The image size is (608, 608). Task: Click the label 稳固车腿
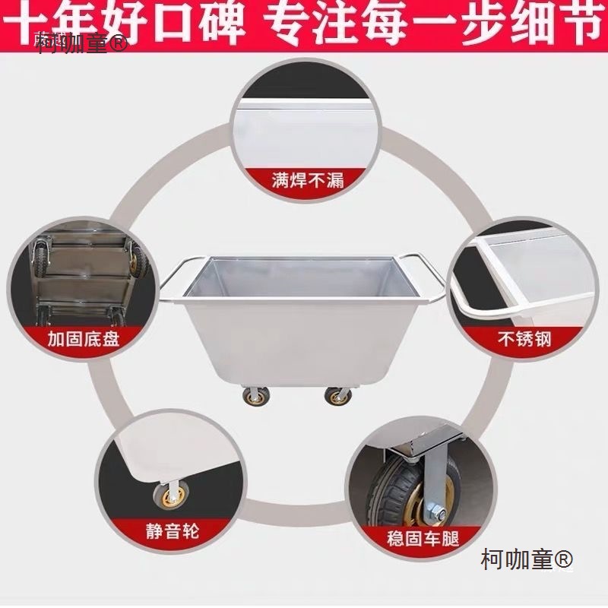pos(423,539)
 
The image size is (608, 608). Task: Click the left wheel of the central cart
pos(251,396)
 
